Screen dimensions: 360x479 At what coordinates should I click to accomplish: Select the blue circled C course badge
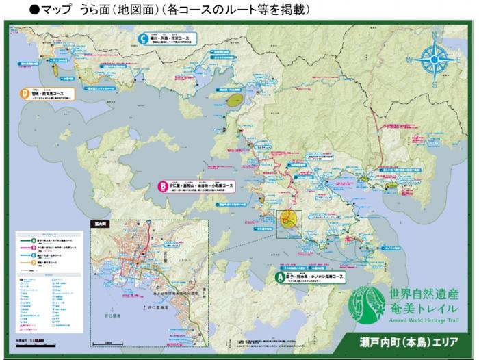click(x=142, y=38)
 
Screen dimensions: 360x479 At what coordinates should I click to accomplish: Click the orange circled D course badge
click(x=25, y=93)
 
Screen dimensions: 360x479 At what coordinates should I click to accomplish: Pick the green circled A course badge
click(x=279, y=277)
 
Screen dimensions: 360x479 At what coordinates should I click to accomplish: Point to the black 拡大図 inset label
click(x=99, y=223)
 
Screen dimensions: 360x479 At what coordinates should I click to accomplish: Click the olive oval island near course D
click(x=236, y=99)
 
